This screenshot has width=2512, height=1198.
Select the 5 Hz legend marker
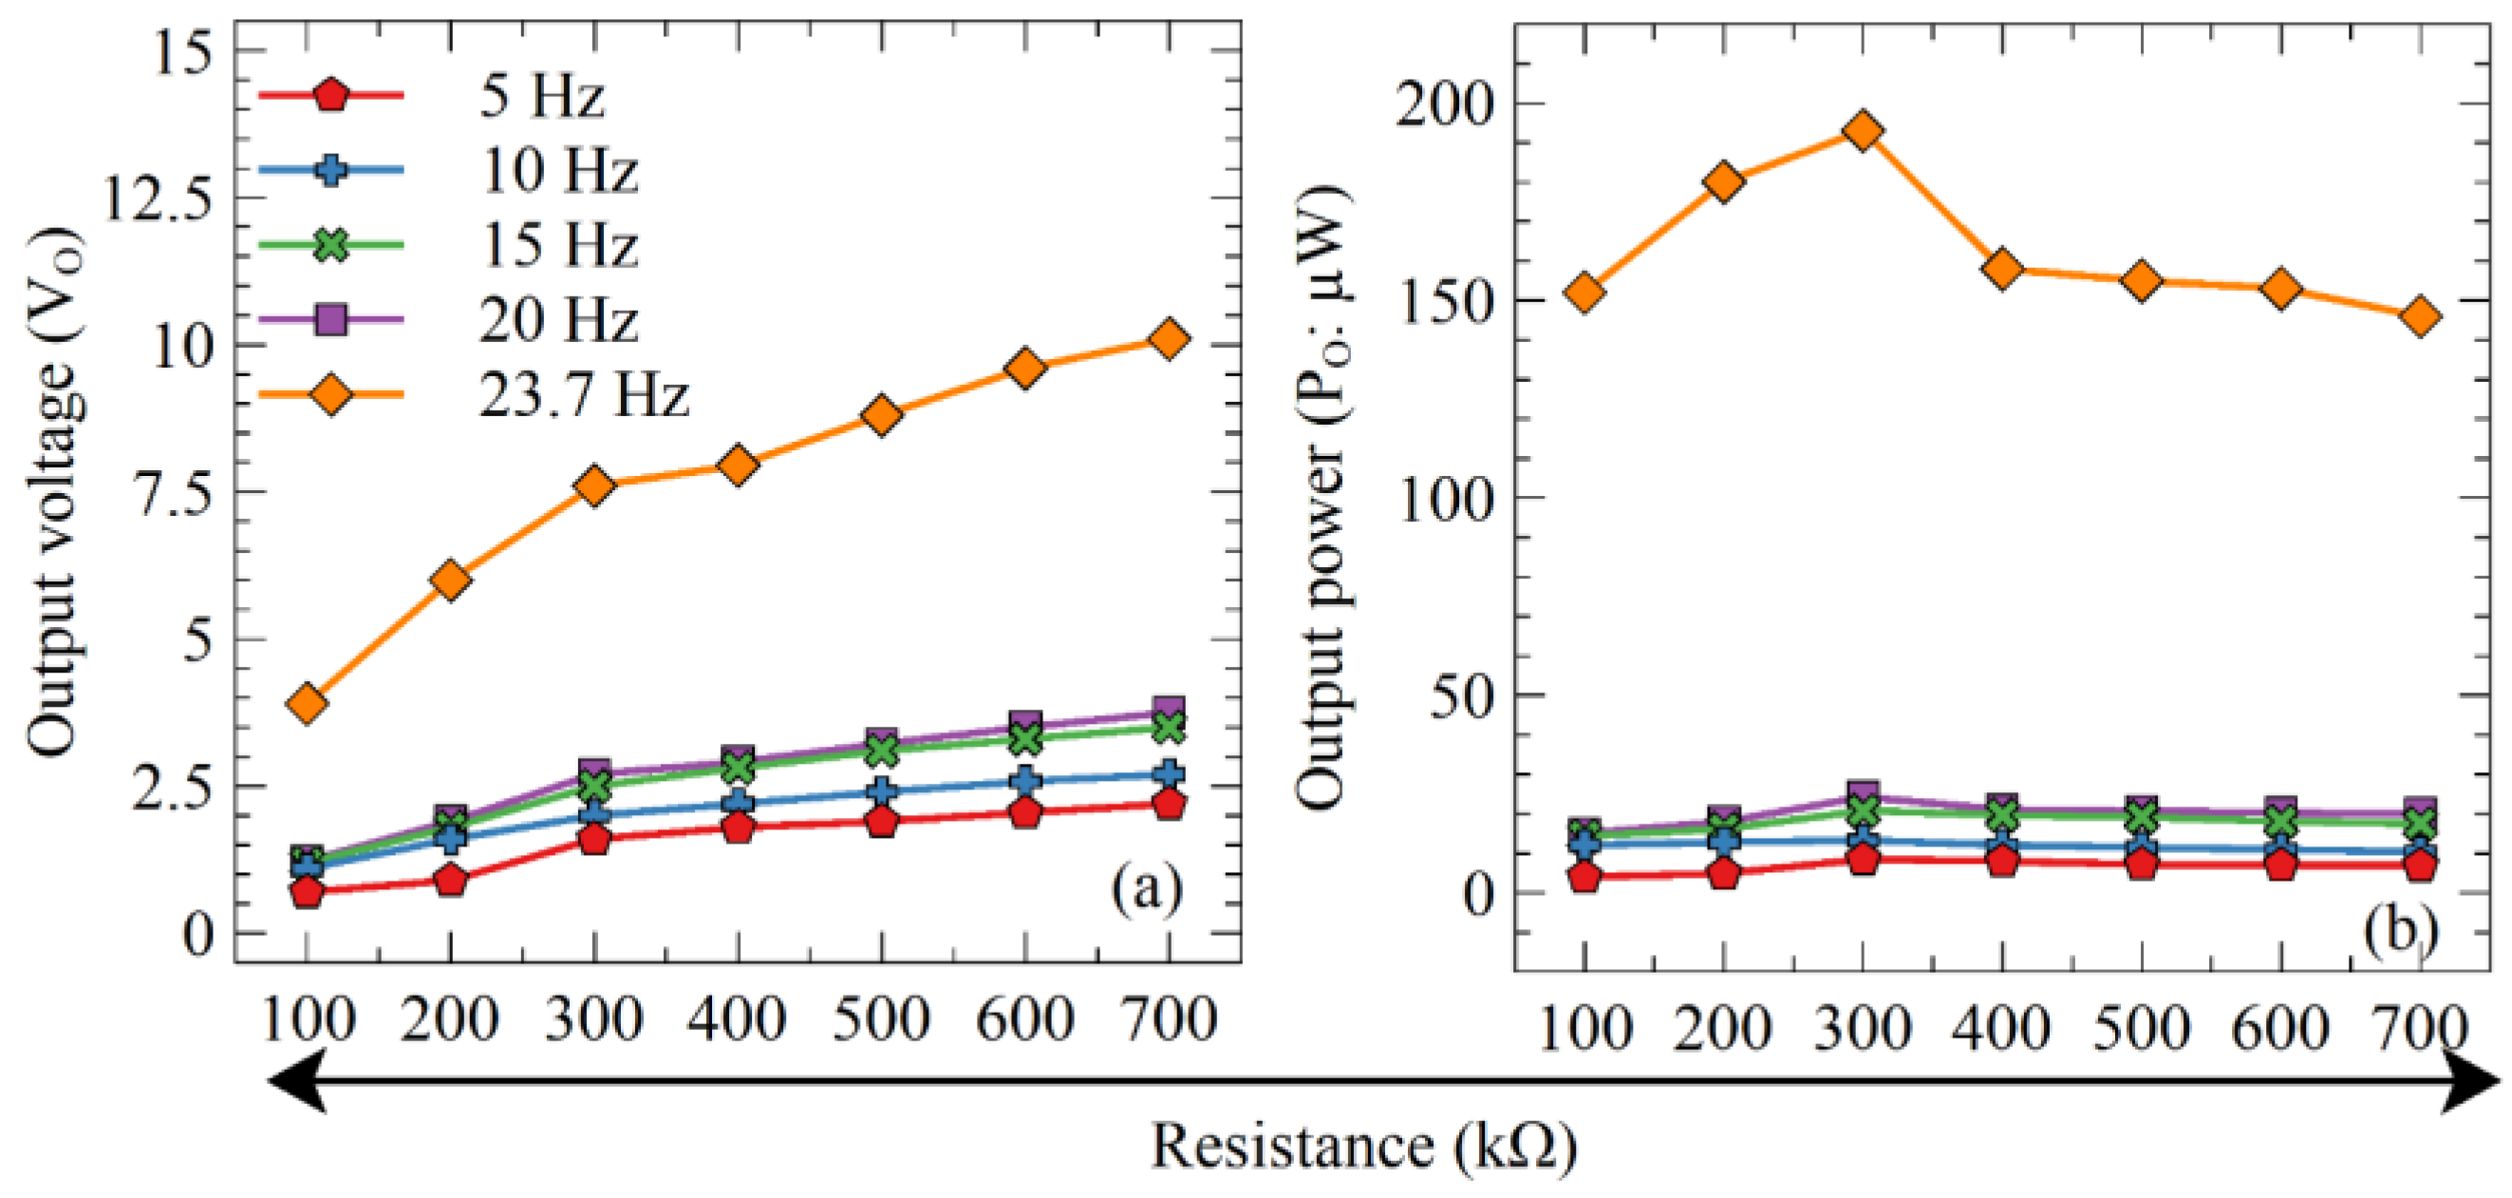(x=330, y=96)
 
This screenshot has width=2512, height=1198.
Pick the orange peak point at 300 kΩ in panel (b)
(x=1864, y=131)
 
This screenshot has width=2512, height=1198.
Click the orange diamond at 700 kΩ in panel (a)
(x=1170, y=338)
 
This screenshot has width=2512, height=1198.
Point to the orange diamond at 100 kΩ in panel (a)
(x=308, y=702)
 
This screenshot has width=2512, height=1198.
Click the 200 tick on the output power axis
(x=1444, y=104)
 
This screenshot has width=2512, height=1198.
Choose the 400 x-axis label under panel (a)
(x=738, y=1020)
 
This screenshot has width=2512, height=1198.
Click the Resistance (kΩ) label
(x=1363, y=1147)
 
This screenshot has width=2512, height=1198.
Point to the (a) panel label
(x=1146, y=887)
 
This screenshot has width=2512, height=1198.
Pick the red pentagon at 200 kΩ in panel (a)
(x=451, y=880)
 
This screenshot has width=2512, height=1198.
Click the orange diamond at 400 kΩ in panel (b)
(x=2003, y=269)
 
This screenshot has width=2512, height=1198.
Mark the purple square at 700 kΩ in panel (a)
(x=1170, y=709)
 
